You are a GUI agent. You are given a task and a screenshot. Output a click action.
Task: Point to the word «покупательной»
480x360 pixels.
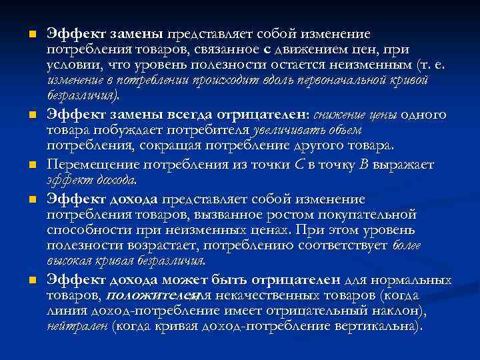point(368,215)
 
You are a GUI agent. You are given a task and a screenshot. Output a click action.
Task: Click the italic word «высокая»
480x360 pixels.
point(67,261)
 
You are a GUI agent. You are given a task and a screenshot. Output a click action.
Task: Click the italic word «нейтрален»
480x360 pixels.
point(77,327)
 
